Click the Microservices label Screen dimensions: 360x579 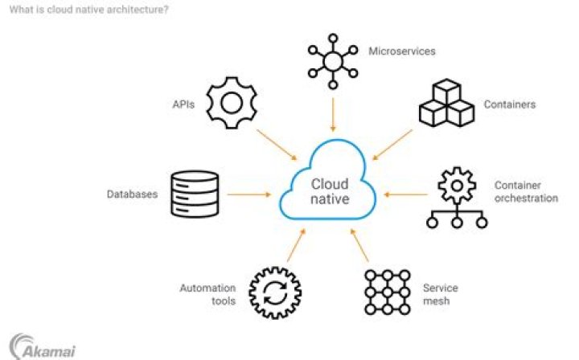pyautogui.click(x=401, y=51)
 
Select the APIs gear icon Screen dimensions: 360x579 pyautogui.click(x=231, y=104)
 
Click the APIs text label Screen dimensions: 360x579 pyautogui.click(x=184, y=104)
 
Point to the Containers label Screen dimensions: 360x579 pyautogui.click(x=509, y=104)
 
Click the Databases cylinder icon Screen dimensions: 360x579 pyautogui.click(x=195, y=194)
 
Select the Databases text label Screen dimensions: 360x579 pyautogui.click(x=132, y=194)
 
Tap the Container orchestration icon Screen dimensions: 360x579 pyautogui.click(x=456, y=198)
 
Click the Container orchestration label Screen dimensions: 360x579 pyautogui.click(x=525, y=191)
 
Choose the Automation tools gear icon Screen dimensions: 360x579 pyautogui.click(x=275, y=292)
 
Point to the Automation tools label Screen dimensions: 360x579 pyautogui.click(x=207, y=294)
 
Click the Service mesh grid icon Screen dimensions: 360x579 pyautogui.click(x=387, y=292)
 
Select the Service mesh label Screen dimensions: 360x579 pyautogui.click(x=441, y=294)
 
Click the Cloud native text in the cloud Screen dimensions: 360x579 pyautogui.click(x=331, y=191)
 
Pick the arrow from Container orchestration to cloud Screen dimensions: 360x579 pyautogui.click(x=406, y=194)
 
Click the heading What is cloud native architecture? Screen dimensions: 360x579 pyautogui.click(x=89, y=10)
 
